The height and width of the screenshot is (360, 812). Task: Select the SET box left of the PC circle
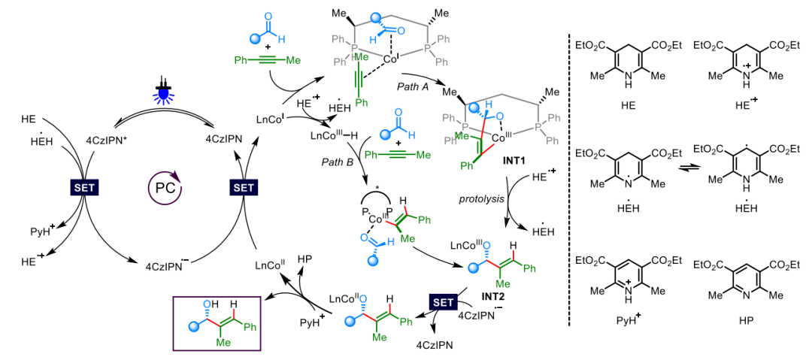[x=83, y=188]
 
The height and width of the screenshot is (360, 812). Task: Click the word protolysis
[x=480, y=198]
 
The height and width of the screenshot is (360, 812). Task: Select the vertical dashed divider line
[x=569, y=180]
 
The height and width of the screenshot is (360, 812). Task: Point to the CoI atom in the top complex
[x=390, y=58]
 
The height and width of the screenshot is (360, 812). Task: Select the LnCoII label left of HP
[x=271, y=265]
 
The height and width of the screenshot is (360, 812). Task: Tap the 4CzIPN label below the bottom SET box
[x=433, y=345]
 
